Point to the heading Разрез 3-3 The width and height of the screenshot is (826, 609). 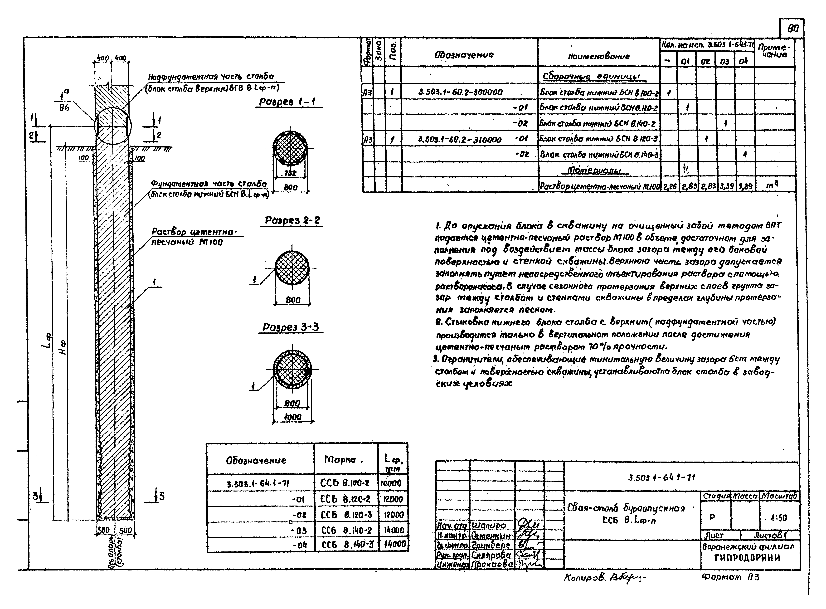(x=290, y=327)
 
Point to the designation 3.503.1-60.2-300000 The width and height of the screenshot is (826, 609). (x=460, y=92)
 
